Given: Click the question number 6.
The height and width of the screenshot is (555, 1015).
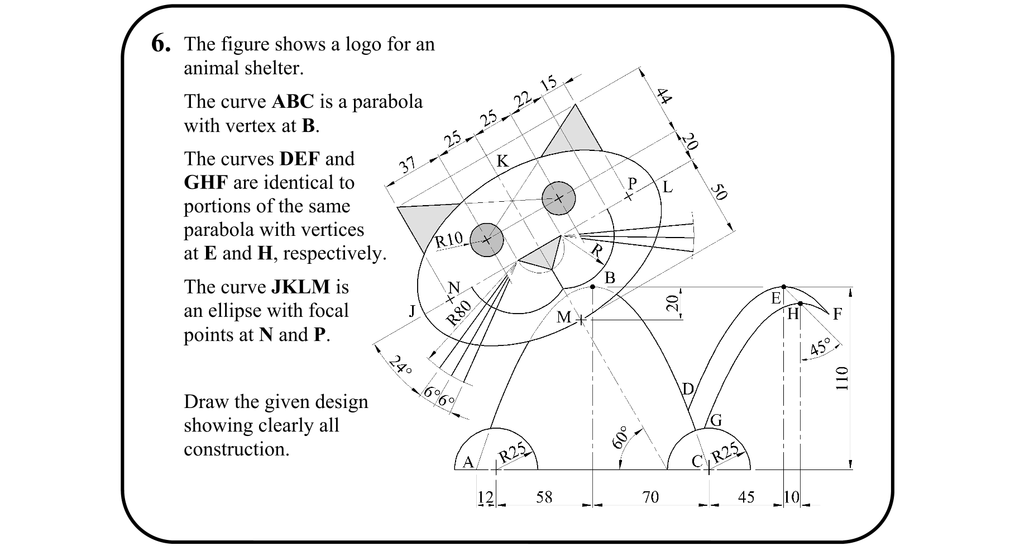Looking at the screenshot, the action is (161, 44).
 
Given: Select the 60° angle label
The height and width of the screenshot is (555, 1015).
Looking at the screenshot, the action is (620, 438).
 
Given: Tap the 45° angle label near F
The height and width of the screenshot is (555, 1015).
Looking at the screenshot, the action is (821, 347).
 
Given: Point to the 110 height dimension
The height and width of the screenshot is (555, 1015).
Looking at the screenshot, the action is (842, 378).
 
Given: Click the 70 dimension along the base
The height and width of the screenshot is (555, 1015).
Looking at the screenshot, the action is (650, 497).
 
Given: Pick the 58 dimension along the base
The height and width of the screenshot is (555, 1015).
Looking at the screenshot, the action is (544, 497).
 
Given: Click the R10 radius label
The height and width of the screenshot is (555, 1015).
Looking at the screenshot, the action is (449, 240).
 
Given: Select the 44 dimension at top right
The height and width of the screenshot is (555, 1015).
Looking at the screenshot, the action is (663, 96).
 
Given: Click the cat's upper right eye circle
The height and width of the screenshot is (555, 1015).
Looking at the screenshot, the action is (559, 198).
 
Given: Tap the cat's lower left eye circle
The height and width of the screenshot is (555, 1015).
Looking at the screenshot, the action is (487, 240).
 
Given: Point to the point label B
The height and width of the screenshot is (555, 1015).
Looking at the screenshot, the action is (610, 278).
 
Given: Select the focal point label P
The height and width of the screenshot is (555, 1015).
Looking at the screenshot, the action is (632, 184).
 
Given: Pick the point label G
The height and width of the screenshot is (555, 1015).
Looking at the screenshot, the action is (716, 420).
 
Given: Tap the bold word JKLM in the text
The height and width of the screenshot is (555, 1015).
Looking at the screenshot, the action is (300, 287).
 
